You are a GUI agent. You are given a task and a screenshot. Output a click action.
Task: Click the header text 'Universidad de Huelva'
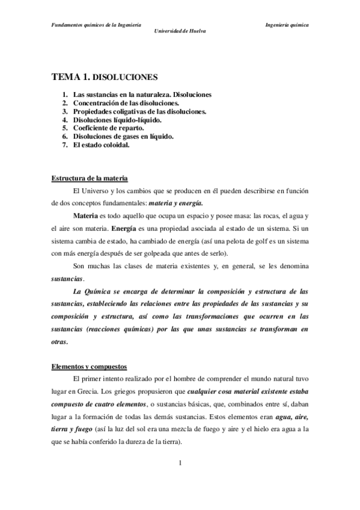click(180, 30)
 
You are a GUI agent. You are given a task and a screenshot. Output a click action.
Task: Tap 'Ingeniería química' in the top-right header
click(287, 25)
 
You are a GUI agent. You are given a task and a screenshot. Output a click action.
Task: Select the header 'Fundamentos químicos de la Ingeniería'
click(96, 25)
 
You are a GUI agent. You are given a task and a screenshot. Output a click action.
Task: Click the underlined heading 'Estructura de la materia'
click(90, 179)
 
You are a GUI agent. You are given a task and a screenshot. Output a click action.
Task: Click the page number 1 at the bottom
click(180, 463)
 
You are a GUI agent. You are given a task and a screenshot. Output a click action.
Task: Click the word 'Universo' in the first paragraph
click(96, 191)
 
